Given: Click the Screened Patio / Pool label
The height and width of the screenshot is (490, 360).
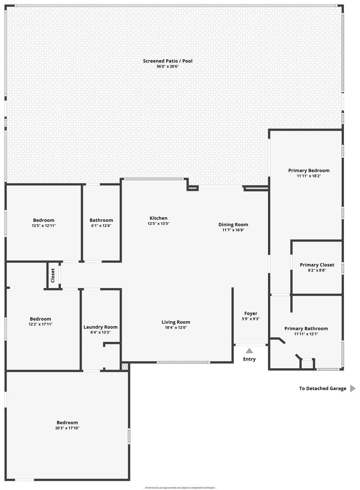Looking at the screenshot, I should tap(167, 61).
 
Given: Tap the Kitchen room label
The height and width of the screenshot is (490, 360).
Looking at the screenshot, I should tap(158, 218).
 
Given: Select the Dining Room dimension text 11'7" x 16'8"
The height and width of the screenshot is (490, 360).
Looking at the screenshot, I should tap(233, 230).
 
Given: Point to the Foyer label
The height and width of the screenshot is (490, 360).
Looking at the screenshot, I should tap(251, 313).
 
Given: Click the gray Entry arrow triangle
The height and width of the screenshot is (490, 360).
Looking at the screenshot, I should tap(249, 351).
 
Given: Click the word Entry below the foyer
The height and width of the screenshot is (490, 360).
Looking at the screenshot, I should tap(249, 359).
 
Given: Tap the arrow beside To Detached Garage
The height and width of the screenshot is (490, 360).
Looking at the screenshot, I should tap(353, 388).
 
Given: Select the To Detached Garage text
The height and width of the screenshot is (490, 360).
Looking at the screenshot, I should tap(322, 389).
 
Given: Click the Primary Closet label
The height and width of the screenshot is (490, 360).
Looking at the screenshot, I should tap(317, 265).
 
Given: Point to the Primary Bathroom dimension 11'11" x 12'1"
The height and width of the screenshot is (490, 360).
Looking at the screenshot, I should tap(306, 334).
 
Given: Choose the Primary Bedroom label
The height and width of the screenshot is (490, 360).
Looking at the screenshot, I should tap(309, 170).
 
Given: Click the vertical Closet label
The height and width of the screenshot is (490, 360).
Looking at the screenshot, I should tap(53, 275).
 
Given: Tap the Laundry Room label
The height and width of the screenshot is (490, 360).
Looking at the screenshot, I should tap(100, 327).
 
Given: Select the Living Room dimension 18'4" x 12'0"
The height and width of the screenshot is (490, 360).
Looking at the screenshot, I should tap(176, 328).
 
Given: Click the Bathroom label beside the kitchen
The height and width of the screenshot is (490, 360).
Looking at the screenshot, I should tap(101, 220).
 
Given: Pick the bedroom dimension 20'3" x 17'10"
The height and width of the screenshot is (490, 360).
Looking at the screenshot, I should tap(67, 428).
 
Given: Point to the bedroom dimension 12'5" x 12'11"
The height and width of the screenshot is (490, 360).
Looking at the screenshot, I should tap(44, 226).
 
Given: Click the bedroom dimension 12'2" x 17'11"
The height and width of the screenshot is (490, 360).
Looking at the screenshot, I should tap(40, 324).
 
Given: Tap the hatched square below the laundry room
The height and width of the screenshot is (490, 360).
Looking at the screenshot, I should tap(125, 367).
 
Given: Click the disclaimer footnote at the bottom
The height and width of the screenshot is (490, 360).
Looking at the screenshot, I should tap(180, 487).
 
